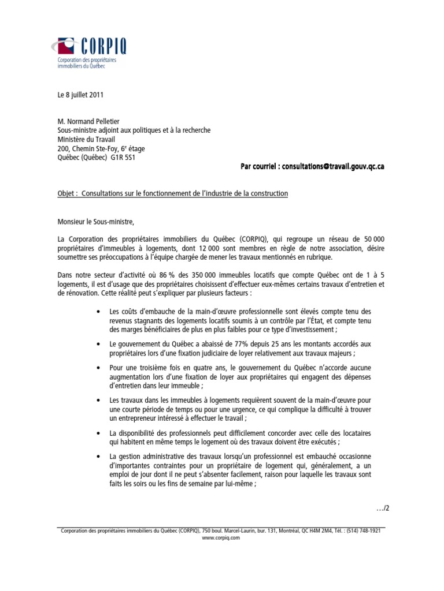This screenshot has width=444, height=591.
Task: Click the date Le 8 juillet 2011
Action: point(80,94)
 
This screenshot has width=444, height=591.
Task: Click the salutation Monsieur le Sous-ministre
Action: point(95,220)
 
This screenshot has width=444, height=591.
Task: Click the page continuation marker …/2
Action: point(383,508)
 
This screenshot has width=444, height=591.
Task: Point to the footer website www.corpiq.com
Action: point(220,537)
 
